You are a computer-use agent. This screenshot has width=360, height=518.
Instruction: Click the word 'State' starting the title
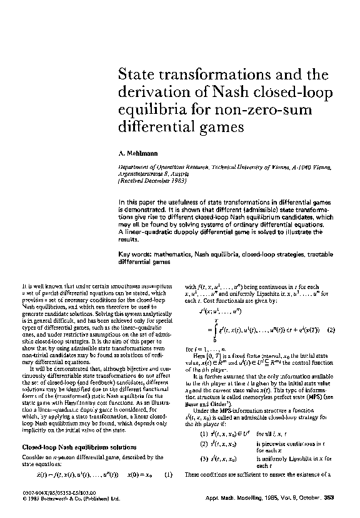(139, 75)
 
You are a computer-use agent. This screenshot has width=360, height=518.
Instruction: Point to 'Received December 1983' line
(154, 179)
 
